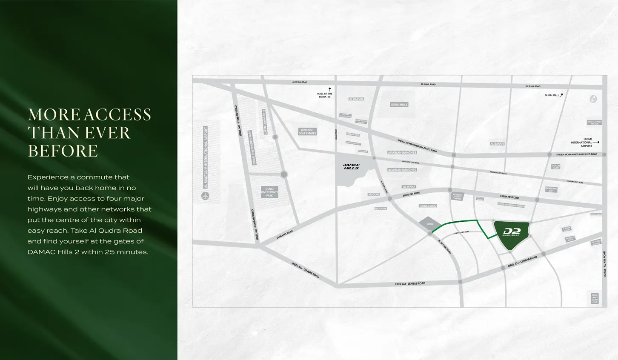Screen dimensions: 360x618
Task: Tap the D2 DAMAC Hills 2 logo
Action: (511, 232)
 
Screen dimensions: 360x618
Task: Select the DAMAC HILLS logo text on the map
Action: (352, 166)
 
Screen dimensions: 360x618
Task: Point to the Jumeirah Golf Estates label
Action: (307, 132)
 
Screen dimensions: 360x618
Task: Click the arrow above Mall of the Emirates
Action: (329, 89)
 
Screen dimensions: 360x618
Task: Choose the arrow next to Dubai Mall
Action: (562, 95)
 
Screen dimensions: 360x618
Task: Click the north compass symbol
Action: (593, 99)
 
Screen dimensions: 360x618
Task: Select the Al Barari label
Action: (497, 144)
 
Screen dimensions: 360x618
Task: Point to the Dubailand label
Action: (428, 206)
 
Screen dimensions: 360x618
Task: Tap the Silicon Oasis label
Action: (555, 166)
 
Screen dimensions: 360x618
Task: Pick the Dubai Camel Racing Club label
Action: (595, 298)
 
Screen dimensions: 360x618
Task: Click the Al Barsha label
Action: (356, 99)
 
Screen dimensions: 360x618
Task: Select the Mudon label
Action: (374, 194)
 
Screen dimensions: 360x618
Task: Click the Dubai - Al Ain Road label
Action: (604, 264)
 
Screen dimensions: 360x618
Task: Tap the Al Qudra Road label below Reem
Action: (444, 246)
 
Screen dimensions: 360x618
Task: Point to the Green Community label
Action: (265, 121)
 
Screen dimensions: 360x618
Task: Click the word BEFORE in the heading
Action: (63, 151)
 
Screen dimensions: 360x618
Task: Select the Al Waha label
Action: (409, 187)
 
